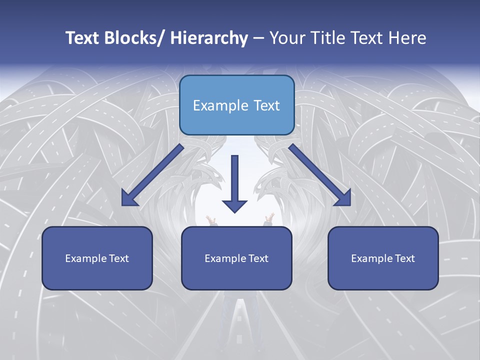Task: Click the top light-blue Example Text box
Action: click(236, 105)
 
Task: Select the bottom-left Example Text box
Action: click(97, 258)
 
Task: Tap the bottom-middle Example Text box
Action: click(236, 258)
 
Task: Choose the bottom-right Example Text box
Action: click(383, 258)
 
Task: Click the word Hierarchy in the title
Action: click(208, 38)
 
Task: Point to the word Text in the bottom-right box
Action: click(404, 258)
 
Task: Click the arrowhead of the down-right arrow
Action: click(342, 197)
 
